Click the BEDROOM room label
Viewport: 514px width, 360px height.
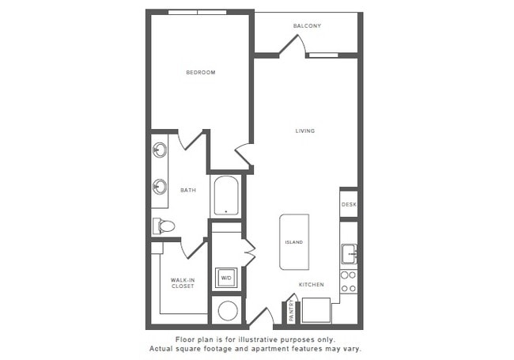(201, 73)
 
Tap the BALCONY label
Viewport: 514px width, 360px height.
(306, 26)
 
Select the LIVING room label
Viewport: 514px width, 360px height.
(305, 131)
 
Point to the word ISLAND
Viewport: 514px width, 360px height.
(293, 242)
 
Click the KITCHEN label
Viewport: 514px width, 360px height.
(311, 284)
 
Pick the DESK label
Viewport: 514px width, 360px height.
(349, 205)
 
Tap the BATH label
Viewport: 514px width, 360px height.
(188, 190)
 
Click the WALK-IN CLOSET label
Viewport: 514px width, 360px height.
(183, 283)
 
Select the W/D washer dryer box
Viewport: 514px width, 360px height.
(226, 278)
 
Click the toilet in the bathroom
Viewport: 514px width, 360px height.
(164, 226)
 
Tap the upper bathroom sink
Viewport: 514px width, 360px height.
(159, 149)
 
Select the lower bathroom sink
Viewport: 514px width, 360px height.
(160, 187)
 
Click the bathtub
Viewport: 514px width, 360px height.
(226, 195)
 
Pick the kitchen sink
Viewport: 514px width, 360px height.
(349, 254)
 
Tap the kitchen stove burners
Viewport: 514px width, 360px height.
(349, 282)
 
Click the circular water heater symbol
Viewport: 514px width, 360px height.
(228, 310)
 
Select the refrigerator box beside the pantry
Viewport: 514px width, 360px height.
(316, 309)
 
